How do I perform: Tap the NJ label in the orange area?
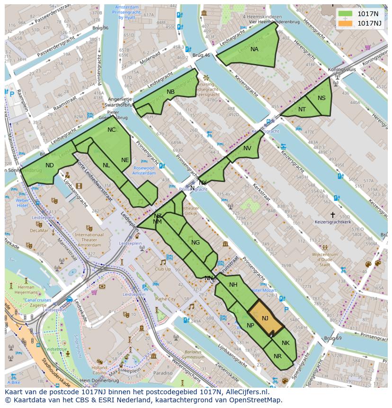(265, 318)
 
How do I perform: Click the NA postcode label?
(254, 49)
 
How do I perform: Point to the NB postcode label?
(170, 92)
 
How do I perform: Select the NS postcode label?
(321, 98)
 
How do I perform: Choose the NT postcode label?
(302, 109)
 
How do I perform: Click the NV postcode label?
(247, 148)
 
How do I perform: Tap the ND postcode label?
(50, 165)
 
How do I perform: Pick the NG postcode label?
(196, 243)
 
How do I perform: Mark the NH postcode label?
(233, 285)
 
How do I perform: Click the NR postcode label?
(277, 356)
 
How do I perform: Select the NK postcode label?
(285, 343)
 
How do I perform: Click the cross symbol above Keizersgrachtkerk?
(333, 215)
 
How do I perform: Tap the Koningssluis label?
(342, 70)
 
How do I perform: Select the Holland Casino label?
(99, 370)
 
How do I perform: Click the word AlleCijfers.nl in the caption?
(246, 392)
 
